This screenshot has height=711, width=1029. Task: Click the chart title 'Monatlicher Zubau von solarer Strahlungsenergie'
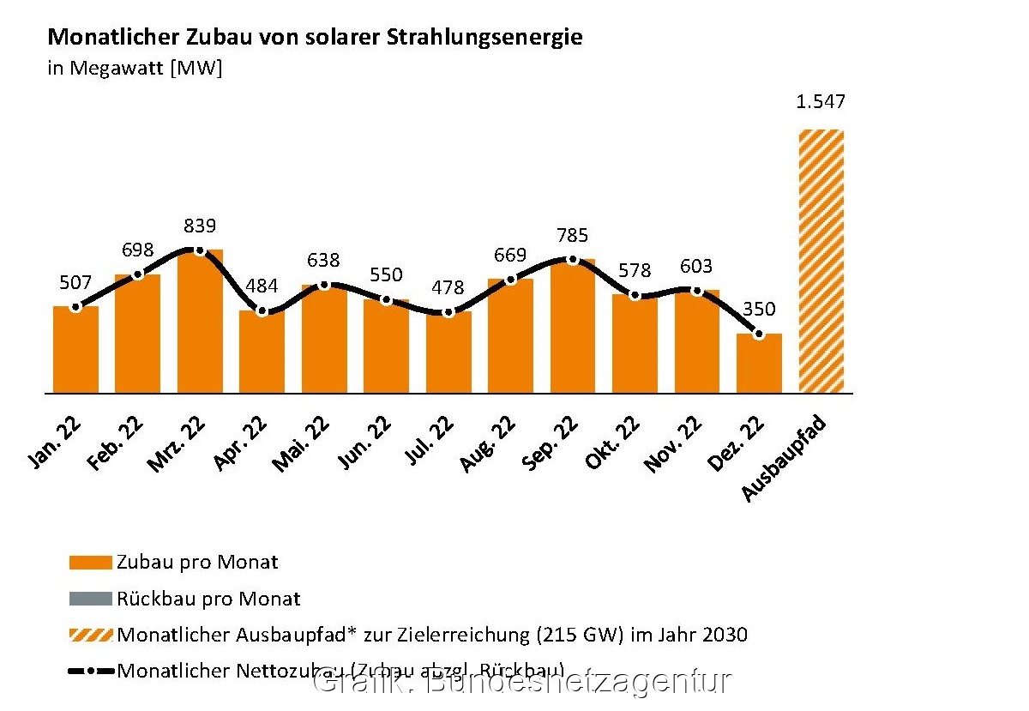[315, 38]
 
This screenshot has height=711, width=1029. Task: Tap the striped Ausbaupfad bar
[821, 262]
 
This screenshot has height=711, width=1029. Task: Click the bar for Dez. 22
[759, 364]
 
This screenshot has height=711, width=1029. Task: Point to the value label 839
[200, 226]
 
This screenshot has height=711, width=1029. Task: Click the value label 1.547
[821, 102]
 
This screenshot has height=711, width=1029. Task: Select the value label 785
[573, 235]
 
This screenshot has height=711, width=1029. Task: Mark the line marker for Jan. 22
[75, 306]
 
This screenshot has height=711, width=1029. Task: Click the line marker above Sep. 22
[573, 259]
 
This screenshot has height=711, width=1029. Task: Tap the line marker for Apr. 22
[262, 310]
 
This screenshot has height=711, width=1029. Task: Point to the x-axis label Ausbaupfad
[784, 458]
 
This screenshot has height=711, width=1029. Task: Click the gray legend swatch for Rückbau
[90, 599]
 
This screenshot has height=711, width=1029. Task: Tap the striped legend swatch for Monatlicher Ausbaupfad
[90, 636]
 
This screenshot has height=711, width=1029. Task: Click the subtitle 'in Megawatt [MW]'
[135, 68]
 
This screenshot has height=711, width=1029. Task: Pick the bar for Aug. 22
[510, 335]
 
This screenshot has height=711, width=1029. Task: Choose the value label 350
[758, 309]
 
